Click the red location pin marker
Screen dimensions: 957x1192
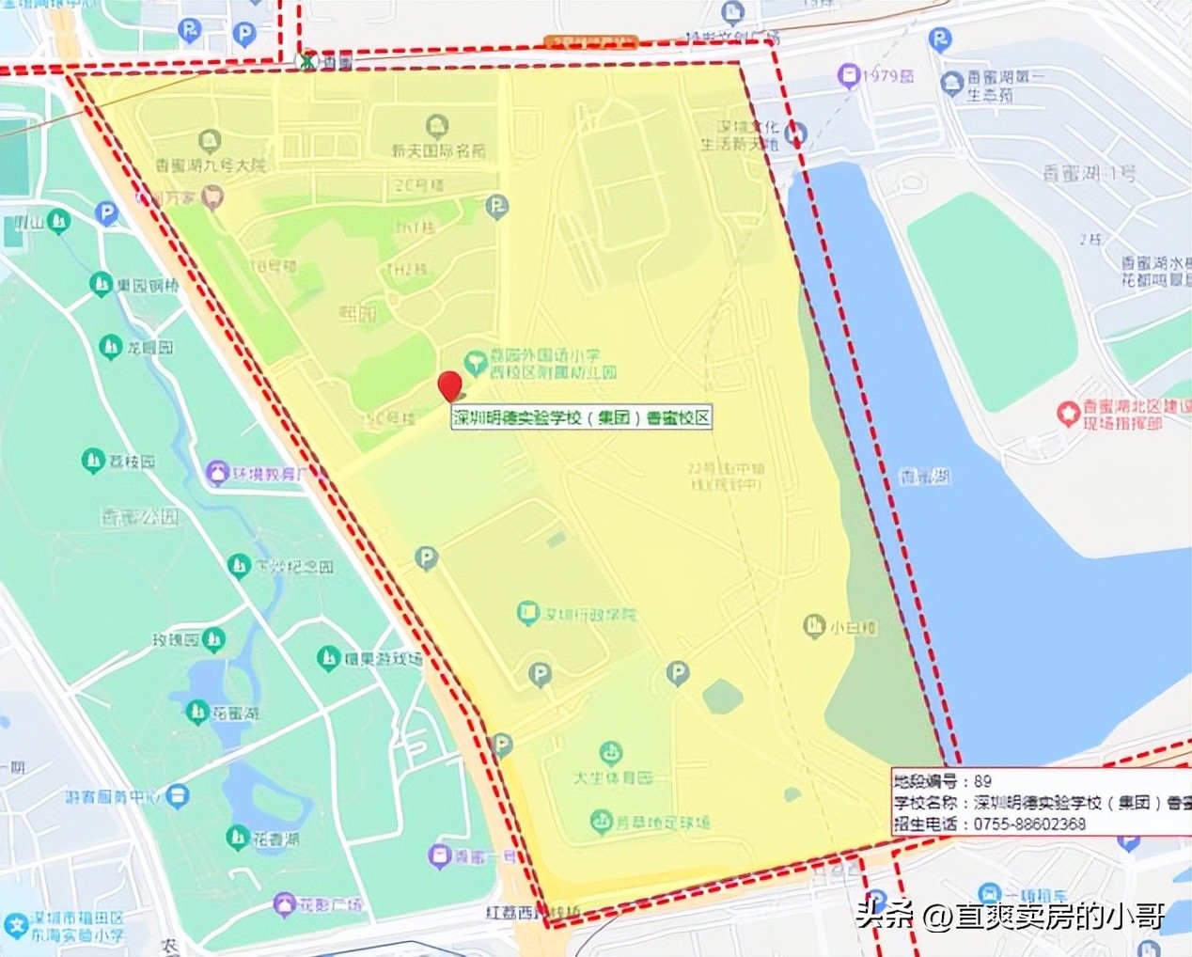click(450, 386)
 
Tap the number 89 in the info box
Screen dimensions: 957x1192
click(982, 781)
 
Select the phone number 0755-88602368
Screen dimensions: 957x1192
click(1029, 824)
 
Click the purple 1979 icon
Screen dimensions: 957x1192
click(850, 74)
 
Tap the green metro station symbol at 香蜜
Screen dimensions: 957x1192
click(306, 62)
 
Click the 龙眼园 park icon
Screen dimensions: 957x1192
click(111, 347)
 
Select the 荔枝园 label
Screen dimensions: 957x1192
click(131, 462)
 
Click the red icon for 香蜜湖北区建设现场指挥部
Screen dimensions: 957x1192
click(1067, 412)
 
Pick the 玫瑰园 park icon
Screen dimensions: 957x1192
click(214, 641)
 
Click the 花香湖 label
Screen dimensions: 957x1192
click(275, 839)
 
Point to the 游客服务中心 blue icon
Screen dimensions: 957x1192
click(178, 796)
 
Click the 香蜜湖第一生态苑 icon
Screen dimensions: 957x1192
click(951, 81)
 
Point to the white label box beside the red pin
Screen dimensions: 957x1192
click(580, 418)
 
